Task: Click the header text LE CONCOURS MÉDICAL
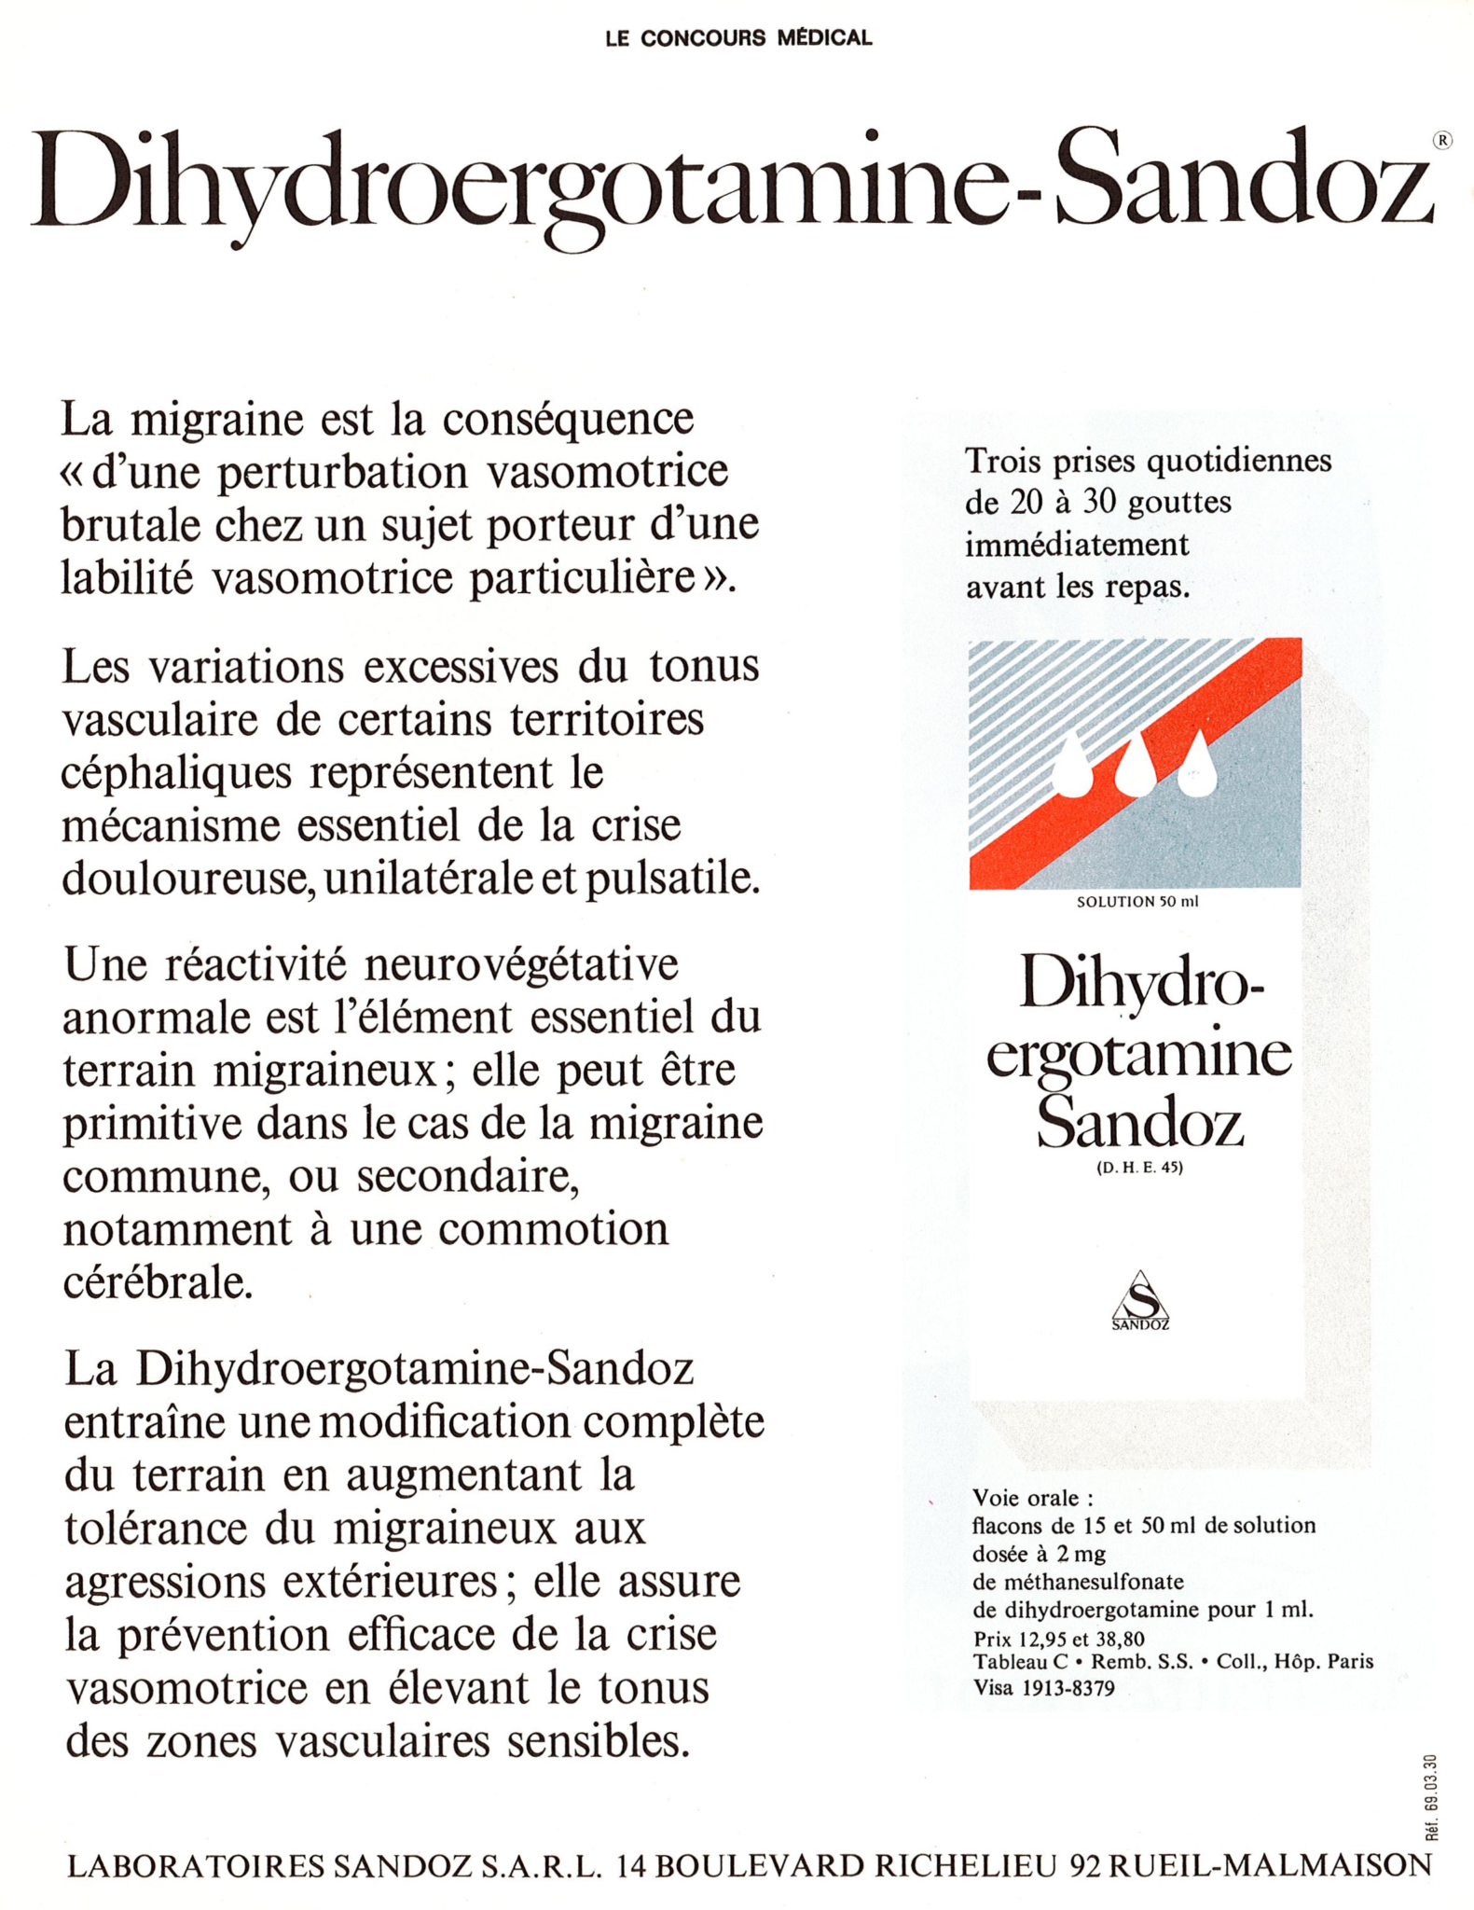[x=738, y=38]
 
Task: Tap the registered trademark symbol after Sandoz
[x=1441, y=140]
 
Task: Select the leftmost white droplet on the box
[x=1073, y=766]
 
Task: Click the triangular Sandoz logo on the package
[x=1140, y=1299]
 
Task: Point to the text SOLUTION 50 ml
[x=1136, y=902]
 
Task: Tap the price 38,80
[x=1119, y=1639]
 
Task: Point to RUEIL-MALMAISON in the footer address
[x=1270, y=1864]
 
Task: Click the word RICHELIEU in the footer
[x=965, y=1864]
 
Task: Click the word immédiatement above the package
[x=1077, y=544]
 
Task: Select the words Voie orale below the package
[x=1032, y=1498]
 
